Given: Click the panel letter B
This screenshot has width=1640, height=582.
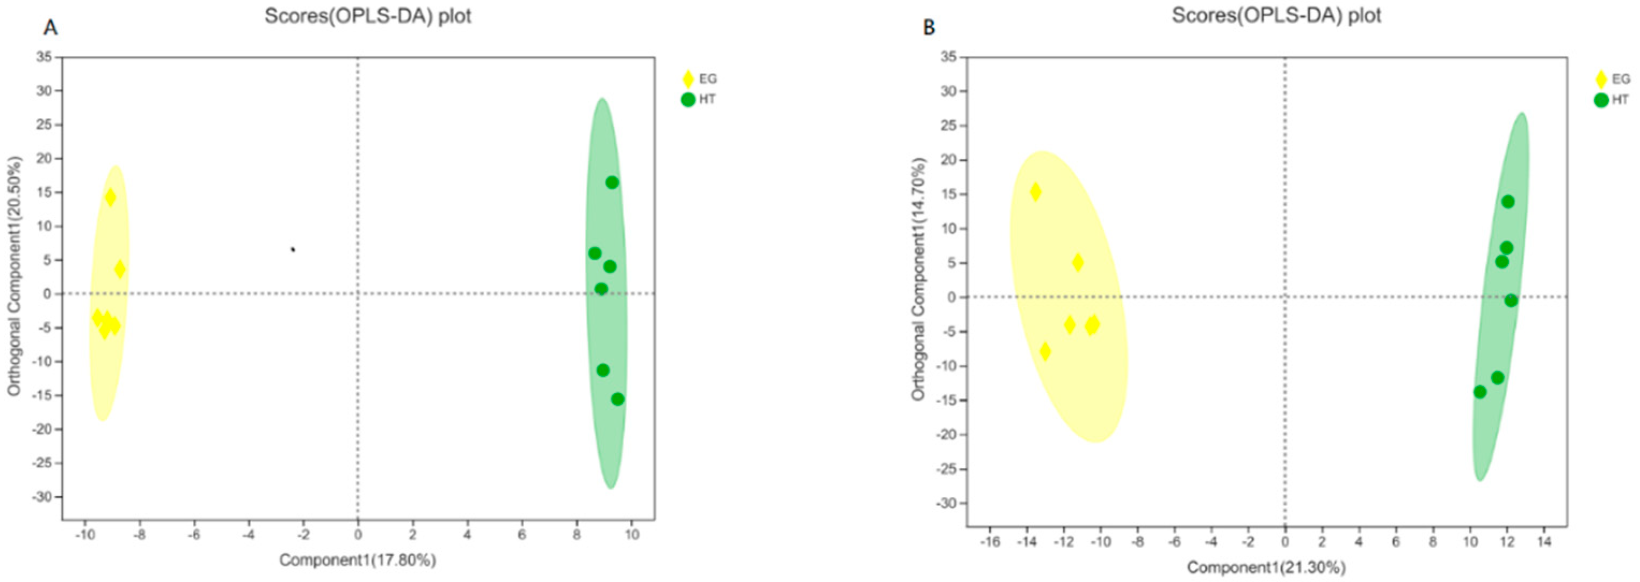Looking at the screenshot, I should [929, 27].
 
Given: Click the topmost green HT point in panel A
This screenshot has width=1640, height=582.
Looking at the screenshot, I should [612, 182].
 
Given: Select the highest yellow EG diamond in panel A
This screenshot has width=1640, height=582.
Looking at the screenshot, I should [110, 198].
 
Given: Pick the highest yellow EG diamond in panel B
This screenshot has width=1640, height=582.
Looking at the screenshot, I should [1036, 191].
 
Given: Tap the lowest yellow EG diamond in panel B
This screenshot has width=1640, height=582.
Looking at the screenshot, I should [1045, 351].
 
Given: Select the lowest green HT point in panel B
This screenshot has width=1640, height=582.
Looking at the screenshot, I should [1480, 392].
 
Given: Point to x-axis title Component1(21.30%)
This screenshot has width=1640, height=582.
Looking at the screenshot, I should [1266, 567].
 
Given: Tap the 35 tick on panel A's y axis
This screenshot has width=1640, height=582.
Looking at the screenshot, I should [45, 57].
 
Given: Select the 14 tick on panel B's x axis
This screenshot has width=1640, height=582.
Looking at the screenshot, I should [1544, 542].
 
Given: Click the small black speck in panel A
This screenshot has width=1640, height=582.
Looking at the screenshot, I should [293, 249].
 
